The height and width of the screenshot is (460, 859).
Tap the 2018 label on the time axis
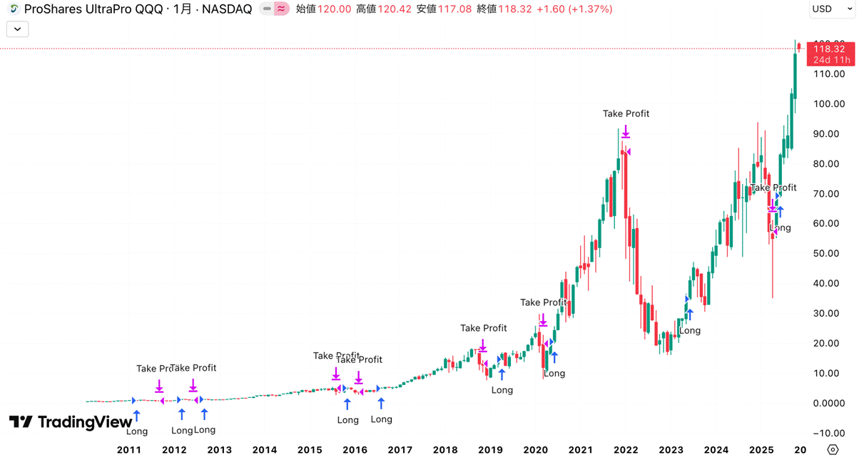(x=445, y=450)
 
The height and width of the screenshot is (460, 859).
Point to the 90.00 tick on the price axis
(x=829, y=134)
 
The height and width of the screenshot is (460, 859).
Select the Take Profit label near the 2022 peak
(x=626, y=113)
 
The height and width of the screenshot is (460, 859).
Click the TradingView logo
(x=61, y=422)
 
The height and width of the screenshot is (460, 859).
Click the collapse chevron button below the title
(x=17, y=29)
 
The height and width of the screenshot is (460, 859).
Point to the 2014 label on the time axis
(x=264, y=450)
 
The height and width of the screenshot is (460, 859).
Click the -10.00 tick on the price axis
(x=829, y=433)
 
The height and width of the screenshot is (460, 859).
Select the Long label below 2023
(x=689, y=331)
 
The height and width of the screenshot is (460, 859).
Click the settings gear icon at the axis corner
(x=833, y=449)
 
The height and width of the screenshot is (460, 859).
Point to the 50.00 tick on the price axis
(x=829, y=253)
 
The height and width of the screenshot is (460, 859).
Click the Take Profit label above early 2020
(x=543, y=302)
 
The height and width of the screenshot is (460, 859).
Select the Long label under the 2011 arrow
(x=136, y=431)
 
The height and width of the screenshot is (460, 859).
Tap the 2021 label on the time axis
(x=581, y=450)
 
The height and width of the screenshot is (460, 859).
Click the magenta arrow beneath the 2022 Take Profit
(x=626, y=132)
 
